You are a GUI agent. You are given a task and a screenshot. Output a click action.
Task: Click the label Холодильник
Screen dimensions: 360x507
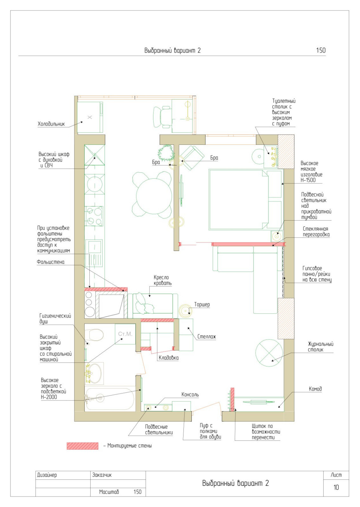[x=51, y=124]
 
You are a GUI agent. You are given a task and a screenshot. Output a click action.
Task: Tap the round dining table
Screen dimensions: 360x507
[x=154, y=196]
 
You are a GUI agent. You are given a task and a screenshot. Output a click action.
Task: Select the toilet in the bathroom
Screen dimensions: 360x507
[x=94, y=335]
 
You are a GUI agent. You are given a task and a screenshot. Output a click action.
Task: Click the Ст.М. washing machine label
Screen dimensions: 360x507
[x=125, y=334]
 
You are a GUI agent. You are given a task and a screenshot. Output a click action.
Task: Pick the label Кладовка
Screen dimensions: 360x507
[x=169, y=358]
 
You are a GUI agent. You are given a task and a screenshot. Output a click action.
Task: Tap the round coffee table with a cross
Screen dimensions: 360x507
[x=269, y=353]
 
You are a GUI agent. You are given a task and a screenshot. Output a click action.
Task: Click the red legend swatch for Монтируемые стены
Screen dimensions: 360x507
[x=82, y=446]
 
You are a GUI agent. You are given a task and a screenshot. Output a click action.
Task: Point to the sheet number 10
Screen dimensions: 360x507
[x=336, y=487]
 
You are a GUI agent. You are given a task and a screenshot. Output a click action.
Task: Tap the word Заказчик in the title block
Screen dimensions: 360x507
[x=102, y=475]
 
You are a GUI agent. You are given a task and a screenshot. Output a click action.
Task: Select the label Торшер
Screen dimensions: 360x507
[x=202, y=305]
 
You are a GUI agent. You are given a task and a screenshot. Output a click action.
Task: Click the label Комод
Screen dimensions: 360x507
[x=315, y=389]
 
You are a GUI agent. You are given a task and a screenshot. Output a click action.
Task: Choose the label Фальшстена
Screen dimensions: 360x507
[x=50, y=262]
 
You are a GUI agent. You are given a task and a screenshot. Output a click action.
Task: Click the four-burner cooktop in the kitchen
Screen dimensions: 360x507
[x=94, y=216]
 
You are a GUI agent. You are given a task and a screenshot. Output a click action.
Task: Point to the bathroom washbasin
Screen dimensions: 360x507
[x=94, y=374]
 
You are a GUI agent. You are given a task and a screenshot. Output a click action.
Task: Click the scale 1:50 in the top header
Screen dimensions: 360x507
[x=321, y=50]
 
